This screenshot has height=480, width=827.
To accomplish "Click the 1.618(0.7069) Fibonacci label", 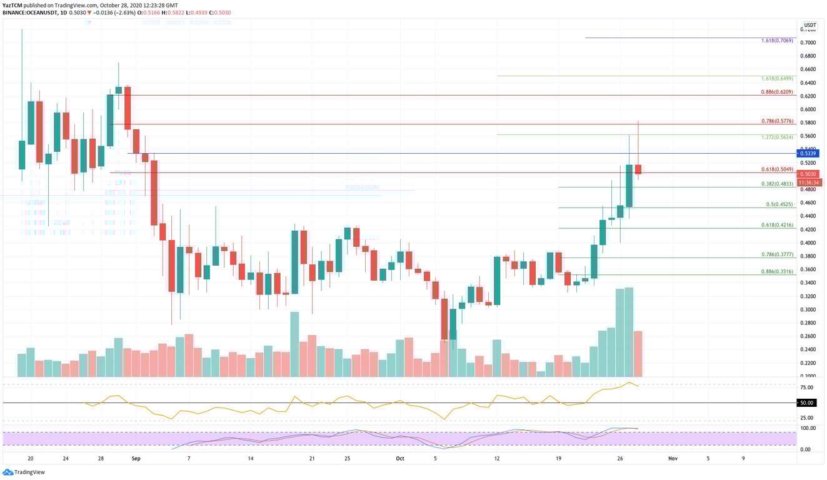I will coord(777,41).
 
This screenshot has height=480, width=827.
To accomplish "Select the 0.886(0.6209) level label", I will coord(777,92).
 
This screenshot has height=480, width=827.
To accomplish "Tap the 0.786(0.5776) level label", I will coord(777,121).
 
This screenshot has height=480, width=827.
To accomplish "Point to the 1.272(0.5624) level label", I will coord(777,137).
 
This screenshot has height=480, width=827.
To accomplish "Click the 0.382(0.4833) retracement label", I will coord(777,184).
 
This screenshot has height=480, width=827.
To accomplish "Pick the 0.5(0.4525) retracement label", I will coord(779,204).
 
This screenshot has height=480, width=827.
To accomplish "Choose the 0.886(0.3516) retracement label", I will coord(777,271).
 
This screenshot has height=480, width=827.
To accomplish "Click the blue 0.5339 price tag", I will coord(809,153).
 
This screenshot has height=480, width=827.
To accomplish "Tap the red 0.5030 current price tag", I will coord(809,174).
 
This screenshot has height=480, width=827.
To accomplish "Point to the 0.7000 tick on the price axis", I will coord(809,42).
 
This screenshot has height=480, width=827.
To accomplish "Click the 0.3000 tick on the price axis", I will coord(809,309).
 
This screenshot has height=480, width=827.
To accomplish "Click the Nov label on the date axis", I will coord(673,458).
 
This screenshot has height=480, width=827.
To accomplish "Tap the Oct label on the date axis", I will coord(400,458).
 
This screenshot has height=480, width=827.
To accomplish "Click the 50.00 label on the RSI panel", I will coord(806,403).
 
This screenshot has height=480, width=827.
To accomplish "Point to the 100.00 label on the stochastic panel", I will coord(808,428).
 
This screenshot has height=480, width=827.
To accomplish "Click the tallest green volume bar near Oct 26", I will coord(629,332).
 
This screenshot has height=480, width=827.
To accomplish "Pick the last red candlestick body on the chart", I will coord(638,169).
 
